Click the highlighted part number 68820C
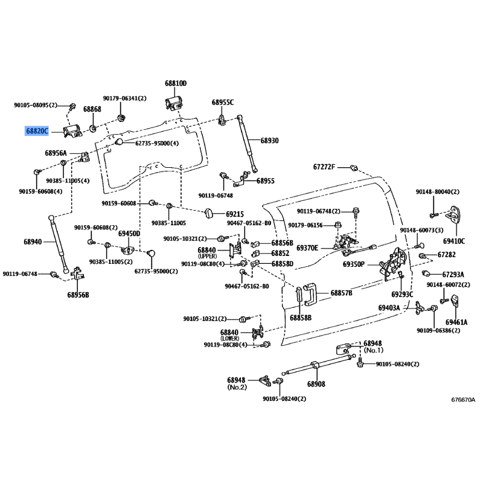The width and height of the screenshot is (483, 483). (37, 131)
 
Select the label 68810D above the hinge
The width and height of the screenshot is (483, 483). (176, 83)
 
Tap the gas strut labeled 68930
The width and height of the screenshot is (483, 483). (248, 144)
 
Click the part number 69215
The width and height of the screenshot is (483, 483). (235, 214)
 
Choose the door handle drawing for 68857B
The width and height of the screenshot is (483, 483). (310, 295)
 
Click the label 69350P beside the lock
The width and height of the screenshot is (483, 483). (354, 264)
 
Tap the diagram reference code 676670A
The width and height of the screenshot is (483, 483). (463, 400)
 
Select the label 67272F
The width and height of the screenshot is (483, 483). (324, 167)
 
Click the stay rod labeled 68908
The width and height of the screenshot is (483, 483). (318, 365)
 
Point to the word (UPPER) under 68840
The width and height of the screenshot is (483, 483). (207, 256)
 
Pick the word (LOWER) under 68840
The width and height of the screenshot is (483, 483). (230, 338)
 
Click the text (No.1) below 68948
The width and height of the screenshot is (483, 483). (374, 350)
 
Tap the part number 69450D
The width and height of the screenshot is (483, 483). (129, 234)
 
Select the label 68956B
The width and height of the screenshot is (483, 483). (78, 295)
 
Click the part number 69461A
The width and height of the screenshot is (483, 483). (456, 322)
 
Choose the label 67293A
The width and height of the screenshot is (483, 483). (453, 274)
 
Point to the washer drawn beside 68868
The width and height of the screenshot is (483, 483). (92, 127)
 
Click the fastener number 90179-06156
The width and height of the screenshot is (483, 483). (305, 225)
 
